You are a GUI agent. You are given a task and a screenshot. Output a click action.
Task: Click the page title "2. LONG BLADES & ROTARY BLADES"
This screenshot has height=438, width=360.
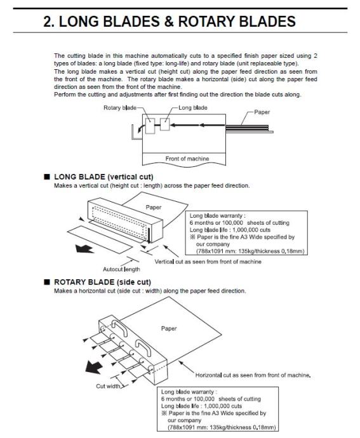tap(170, 22)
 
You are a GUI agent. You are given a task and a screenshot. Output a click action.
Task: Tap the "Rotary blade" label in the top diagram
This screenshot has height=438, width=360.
tap(120, 108)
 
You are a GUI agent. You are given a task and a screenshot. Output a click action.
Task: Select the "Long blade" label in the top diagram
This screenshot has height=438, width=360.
tap(193, 107)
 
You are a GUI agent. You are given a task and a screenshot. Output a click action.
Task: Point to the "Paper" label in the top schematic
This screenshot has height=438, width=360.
tap(262, 112)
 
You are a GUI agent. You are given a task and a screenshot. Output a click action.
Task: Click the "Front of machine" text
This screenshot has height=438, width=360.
tap(187, 159)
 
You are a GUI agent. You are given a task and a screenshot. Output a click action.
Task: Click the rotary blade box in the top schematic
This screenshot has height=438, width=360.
tap(150, 126)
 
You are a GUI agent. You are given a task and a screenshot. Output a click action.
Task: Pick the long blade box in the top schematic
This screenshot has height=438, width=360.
tap(165, 124)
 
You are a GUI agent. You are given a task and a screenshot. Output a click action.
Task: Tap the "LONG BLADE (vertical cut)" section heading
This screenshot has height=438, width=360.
tap(103, 177)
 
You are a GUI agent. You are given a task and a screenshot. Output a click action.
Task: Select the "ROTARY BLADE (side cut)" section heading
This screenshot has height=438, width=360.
tap(103, 282)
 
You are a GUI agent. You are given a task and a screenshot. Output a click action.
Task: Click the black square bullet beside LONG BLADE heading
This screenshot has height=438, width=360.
tap(47, 176)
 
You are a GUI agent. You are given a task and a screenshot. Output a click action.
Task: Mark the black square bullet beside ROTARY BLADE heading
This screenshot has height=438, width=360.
tap(47, 282)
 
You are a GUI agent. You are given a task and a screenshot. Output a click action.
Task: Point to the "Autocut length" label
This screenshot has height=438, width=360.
tap(121, 269)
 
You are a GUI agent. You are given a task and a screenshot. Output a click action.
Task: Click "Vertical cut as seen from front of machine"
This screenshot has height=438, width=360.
tap(208, 262)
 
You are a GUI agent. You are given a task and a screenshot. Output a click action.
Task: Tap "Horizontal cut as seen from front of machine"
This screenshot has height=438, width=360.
tap(253, 375)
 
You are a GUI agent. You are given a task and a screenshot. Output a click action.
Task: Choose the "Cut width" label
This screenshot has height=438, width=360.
tap(108, 386)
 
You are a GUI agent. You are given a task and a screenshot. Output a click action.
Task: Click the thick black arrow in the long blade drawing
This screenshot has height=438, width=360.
tap(84, 249)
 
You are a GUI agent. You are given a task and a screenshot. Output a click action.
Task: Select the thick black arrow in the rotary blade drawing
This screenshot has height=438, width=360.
tap(93, 367)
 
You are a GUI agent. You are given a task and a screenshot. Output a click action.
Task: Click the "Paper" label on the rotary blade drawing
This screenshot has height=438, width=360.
tap(169, 329)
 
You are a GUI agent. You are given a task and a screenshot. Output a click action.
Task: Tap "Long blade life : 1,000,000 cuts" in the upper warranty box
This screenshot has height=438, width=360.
tap(230, 230)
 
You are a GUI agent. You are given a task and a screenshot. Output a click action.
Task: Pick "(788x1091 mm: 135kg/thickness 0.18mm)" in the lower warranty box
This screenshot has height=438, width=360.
tap(222, 427)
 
